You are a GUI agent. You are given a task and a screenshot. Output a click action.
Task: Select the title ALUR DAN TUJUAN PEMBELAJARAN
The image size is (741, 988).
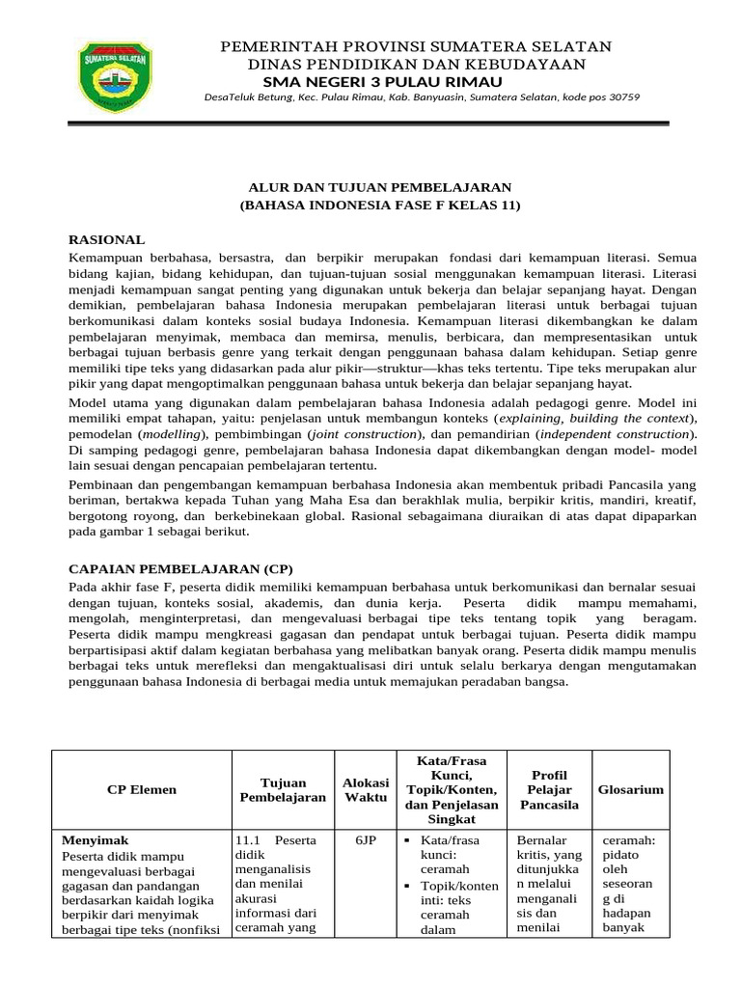pos(375,186)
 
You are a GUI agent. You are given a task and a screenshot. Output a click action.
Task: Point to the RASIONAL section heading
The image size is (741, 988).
pos(106,238)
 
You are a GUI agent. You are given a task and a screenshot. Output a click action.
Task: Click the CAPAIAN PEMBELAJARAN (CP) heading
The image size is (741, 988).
pos(179,567)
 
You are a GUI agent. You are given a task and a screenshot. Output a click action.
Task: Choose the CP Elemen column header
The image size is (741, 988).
pos(142,789)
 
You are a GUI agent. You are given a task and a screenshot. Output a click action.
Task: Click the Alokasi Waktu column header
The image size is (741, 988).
pos(366,789)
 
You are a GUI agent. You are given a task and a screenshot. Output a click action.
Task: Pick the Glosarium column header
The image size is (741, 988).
pos(631,789)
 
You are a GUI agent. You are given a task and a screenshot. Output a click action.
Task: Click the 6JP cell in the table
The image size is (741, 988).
pos(366,840)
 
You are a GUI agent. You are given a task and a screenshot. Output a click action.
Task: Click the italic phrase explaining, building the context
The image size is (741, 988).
pos(602,420)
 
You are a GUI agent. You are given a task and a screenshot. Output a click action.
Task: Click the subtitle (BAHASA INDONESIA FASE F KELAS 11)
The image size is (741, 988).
pos(379,206)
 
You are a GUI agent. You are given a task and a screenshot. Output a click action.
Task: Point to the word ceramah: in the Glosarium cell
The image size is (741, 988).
pos(628,840)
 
